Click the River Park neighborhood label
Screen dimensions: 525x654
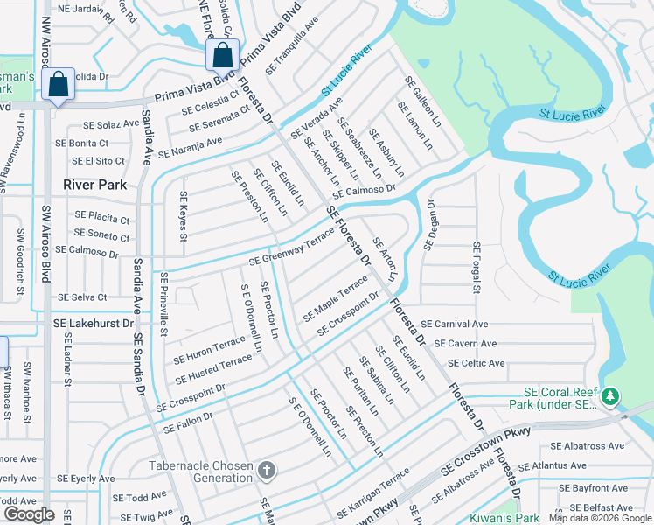tap(95, 185)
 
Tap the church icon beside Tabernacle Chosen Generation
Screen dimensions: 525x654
tap(268, 471)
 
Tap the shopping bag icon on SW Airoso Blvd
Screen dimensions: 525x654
tap(58, 85)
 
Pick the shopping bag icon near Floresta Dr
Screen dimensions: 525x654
tap(223, 55)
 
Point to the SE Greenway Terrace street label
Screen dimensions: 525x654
tap(292, 248)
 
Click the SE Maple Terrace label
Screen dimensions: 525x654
tap(336, 297)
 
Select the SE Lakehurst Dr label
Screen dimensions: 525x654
tap(94, 323)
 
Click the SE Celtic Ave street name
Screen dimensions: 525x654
tap(476, 363)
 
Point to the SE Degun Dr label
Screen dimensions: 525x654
tap(430, 224)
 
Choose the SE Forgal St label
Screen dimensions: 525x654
tap(477, 269)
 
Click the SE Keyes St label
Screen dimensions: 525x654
tap(183, 217)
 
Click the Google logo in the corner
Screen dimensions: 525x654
tap(29, 514)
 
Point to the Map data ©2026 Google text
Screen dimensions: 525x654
tap(599, 518)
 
